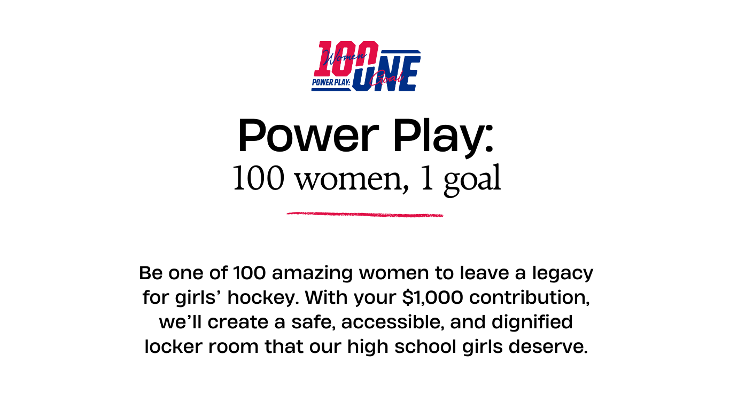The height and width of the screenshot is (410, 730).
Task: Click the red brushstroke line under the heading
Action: [x=364, y=214]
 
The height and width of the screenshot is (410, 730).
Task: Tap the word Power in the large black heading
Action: [x=308, y=136]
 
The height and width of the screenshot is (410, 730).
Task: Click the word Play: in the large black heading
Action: [x=443, y=138]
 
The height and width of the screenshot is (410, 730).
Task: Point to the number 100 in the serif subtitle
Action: [x=258, y=178]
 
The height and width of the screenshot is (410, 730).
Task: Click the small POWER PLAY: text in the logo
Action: [x=331, y=82]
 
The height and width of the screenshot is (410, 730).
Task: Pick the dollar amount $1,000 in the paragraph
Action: [x=432, y=297]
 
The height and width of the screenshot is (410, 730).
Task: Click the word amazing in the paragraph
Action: [x=312, y=273]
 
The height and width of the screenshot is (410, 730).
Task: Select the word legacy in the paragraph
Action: [x=563, y=273]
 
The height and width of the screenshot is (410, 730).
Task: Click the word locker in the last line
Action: [x=173, y=346]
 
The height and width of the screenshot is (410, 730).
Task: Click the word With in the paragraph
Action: [x=327, y=297]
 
